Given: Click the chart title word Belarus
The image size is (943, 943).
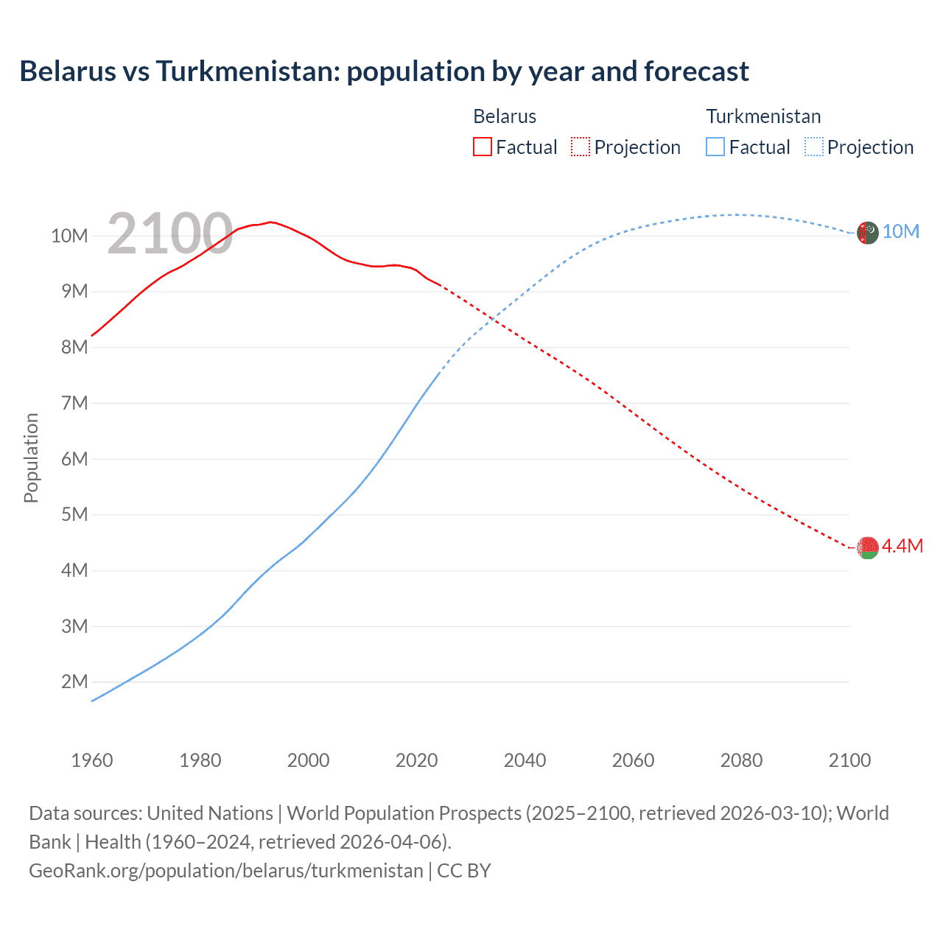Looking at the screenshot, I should pos(68,71).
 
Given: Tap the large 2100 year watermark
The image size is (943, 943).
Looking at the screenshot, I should pos(170,234).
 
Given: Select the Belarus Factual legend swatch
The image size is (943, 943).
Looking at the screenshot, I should pos(482,147).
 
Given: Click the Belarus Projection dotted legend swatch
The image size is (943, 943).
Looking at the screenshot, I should pos(581,147).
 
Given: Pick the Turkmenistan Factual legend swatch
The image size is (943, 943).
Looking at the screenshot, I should pos(715,147).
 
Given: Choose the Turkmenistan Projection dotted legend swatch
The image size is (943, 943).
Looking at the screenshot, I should pos(814,147).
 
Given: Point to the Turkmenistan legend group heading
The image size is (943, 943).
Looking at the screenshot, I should pos(763,116).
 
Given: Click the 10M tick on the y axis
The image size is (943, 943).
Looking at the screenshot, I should pos(69,236).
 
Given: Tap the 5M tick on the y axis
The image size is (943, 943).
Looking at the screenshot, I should pos(74,514).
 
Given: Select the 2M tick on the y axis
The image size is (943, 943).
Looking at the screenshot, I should pos(74,681).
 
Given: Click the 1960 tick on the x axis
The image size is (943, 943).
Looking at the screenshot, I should pos(92,760).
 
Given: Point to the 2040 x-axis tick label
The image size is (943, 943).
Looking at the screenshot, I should pos(525,760).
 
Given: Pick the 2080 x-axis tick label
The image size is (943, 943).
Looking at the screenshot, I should pos(741,760).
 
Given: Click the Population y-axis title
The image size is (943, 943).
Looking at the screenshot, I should pos(31,458).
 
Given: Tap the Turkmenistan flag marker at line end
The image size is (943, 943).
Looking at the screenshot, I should pos(868,232).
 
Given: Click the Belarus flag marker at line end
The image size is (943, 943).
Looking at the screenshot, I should pos(868,547).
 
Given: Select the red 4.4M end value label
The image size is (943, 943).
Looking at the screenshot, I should pos(902,546).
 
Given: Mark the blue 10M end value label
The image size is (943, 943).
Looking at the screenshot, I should pos(901,231).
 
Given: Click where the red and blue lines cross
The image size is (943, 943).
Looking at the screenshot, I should pos(490,320).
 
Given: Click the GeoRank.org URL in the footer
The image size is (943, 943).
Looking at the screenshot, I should pos(226,871).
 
